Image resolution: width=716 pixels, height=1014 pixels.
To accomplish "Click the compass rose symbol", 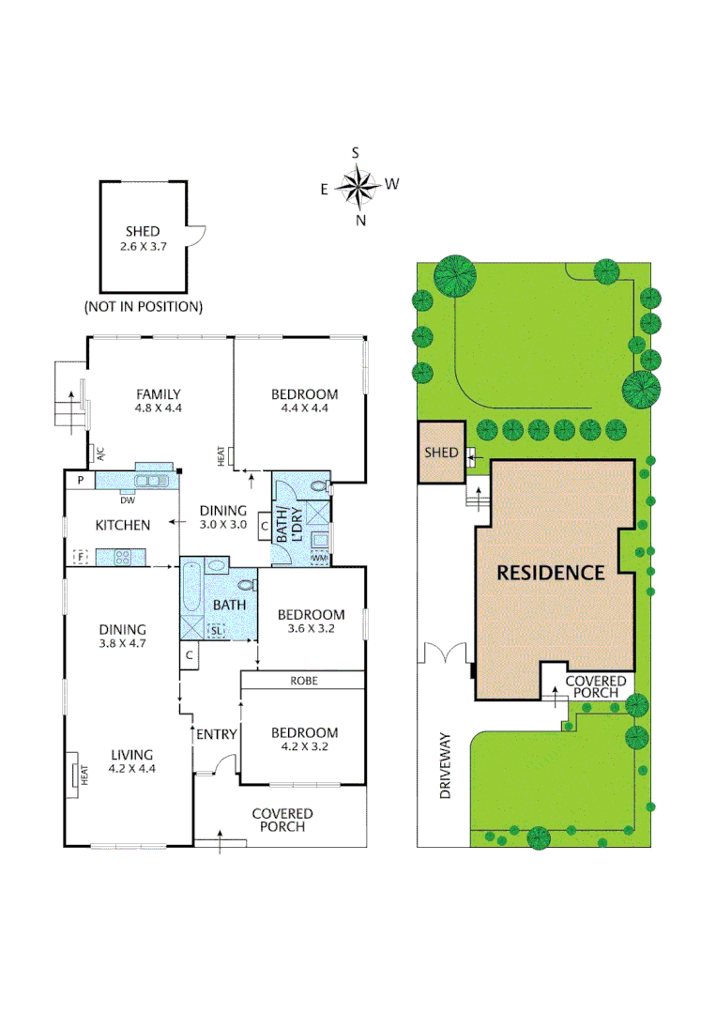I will (358, 186).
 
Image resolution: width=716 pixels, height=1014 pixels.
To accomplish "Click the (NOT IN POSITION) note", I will (143, 307).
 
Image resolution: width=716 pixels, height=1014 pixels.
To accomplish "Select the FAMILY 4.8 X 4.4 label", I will (158, 401).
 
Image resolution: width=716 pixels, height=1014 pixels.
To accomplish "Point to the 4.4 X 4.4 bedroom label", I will (304, 401).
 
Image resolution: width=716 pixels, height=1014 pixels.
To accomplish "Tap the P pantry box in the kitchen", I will (80, 480).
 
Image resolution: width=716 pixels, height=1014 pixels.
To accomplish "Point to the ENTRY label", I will (215, 734).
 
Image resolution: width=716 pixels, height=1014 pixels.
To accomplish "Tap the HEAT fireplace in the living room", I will (74, 774).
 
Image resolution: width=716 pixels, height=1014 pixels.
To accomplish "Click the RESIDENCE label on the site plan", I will (550, 572).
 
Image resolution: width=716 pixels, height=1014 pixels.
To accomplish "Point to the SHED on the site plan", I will (441, 453).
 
